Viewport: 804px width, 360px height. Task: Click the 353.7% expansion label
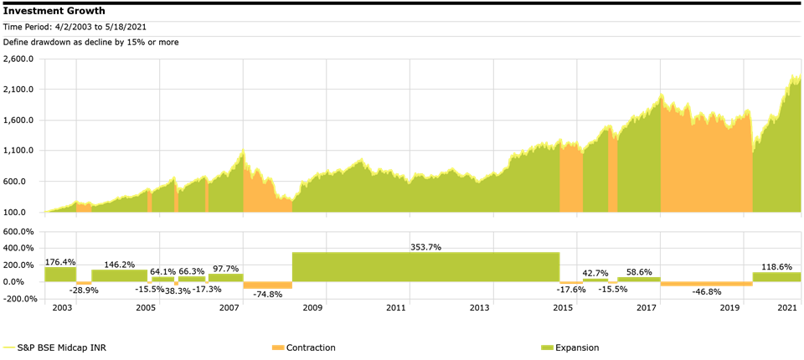pyautogui.click(x=425, y=247)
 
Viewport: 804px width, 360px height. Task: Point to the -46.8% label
pyautogui.click(x=706, y=292)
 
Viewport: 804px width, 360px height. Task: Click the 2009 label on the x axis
pyautogui.click(x=312, y=309)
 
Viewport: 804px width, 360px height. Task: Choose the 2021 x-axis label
pyautogui.click(x=786, y=309)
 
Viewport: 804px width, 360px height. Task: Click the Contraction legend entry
pyautogui.click(x=311, y=347)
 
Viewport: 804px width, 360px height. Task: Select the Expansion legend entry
pyautogui.click(x=577, y=347)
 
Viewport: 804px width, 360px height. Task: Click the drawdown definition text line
pyautogui.click(x=90, y=42)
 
